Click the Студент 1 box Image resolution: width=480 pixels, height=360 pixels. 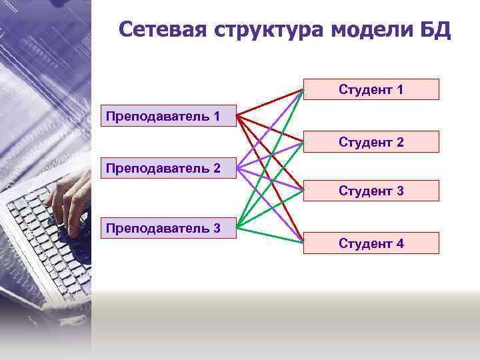click(x=371, y=89)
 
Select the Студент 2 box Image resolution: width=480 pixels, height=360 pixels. click(x=371, y=142)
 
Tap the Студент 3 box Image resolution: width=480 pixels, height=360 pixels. click(x=371, y=191)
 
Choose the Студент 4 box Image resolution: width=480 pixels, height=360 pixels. click(x=371, y=243)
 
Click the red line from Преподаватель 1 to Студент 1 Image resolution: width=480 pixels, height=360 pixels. click(x=270, y=101)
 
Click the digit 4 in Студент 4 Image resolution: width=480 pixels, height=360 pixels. click(x=399, y=243)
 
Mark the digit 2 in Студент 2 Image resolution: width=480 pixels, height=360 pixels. click(x=399, y=142)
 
